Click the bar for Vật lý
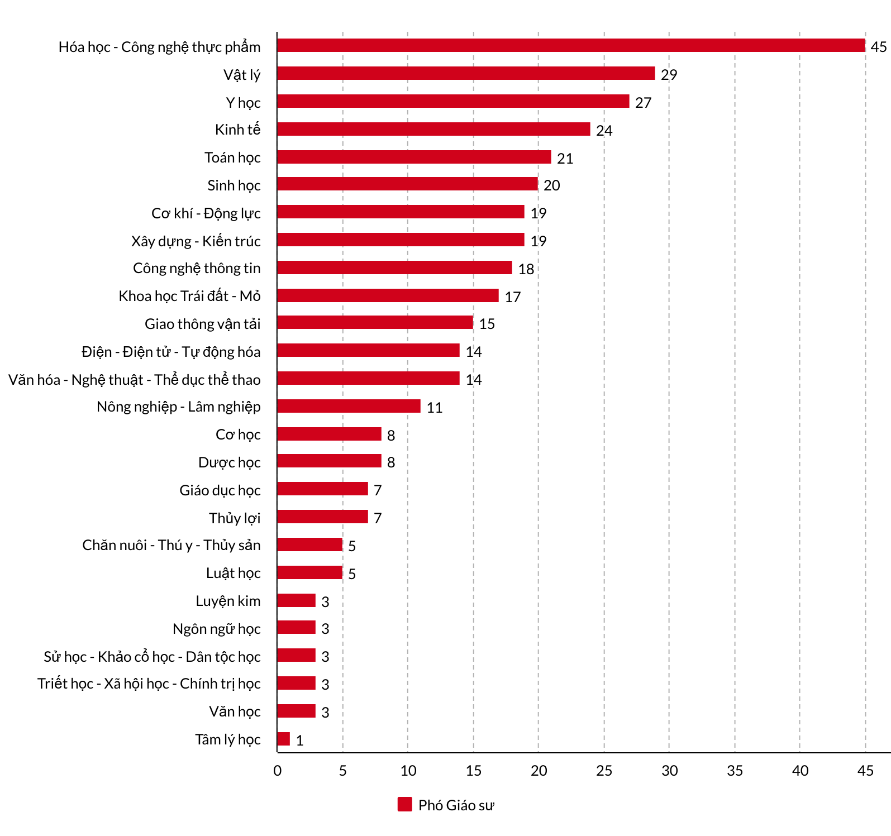[x=466, y=73]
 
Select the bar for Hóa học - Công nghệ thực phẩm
[x=571, y=45]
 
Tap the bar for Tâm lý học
[x=284, y=739]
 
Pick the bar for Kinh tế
[x=433, y=129]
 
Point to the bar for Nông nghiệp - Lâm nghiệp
[x=349, y=406]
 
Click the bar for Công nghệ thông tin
[x=394, y=267]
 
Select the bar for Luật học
[x=309, y=572]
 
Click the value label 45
[x=878, y=47]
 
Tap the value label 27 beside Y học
[x=643, y=103]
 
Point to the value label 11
[x=434, y=408]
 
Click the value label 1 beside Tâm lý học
[x=299, y=741]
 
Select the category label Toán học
[x=232, y=157]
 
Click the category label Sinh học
[x=234, y=185]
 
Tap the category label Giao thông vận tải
[x=202, y=324]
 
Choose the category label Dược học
[x=229, y=462]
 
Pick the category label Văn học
[x=235, y=711]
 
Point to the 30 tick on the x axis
[x=669, y=771]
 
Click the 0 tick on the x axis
[x=278, y=771]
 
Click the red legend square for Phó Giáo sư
[x=404, y=804]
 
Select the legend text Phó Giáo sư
[x=456, y=805]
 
